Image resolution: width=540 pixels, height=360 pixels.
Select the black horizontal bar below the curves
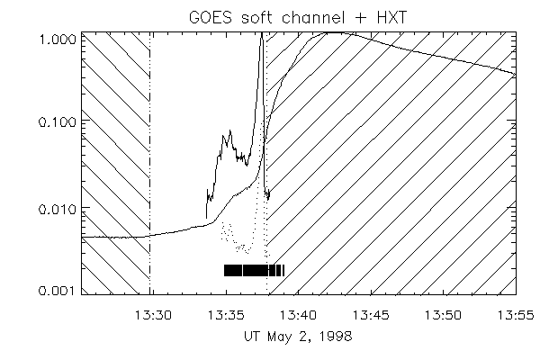(x=254, y=270)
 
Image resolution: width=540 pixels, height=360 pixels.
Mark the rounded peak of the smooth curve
(x=335, y=32)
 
